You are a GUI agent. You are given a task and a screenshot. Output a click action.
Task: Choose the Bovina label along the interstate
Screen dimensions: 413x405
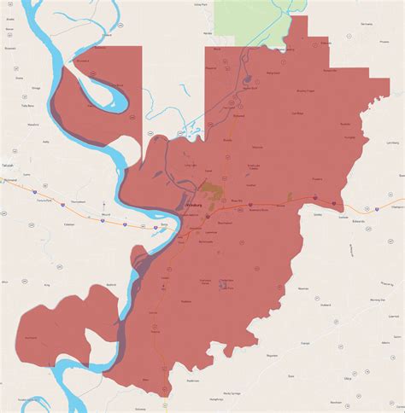pos(279,205)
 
